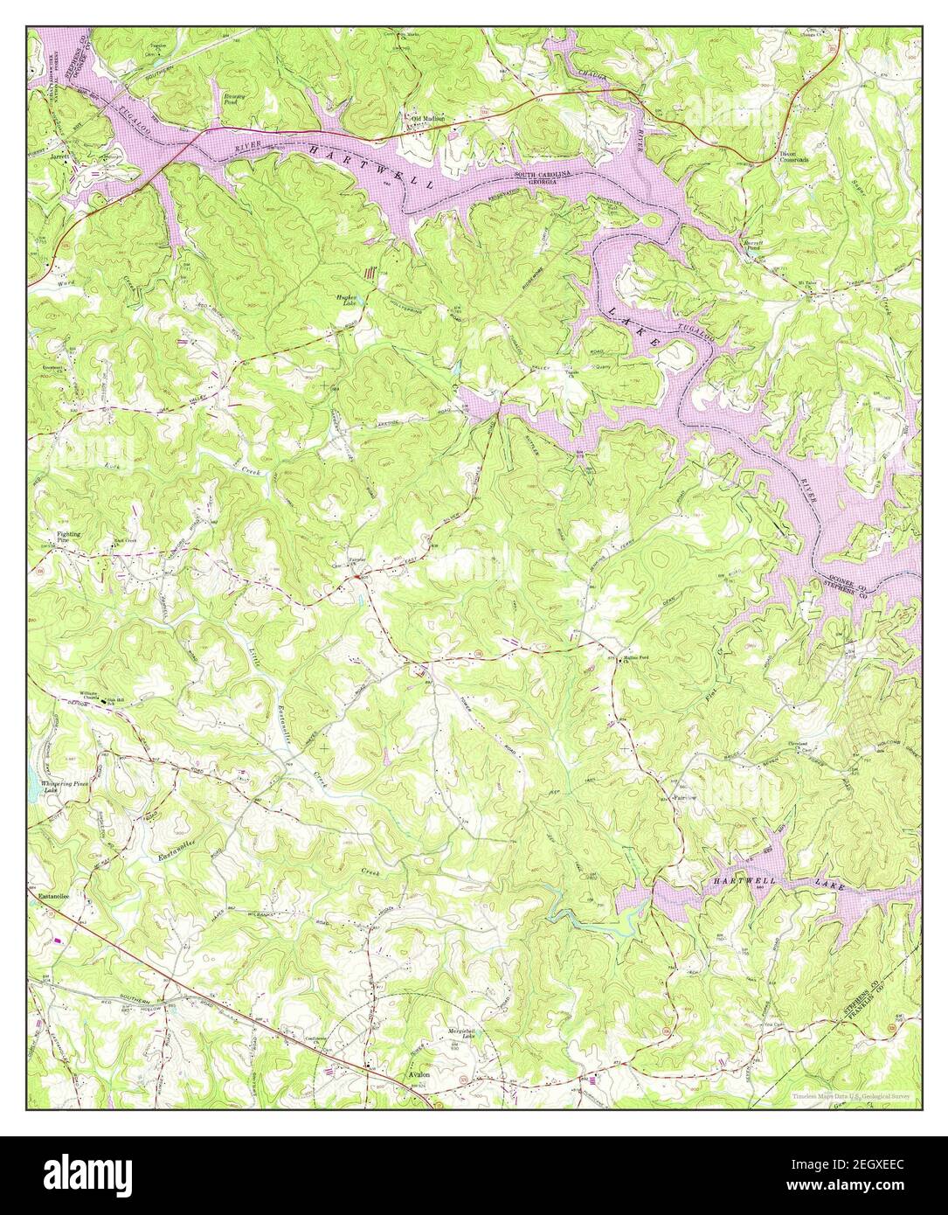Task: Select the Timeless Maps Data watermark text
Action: (851, 1095)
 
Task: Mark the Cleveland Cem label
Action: (802, 748)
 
